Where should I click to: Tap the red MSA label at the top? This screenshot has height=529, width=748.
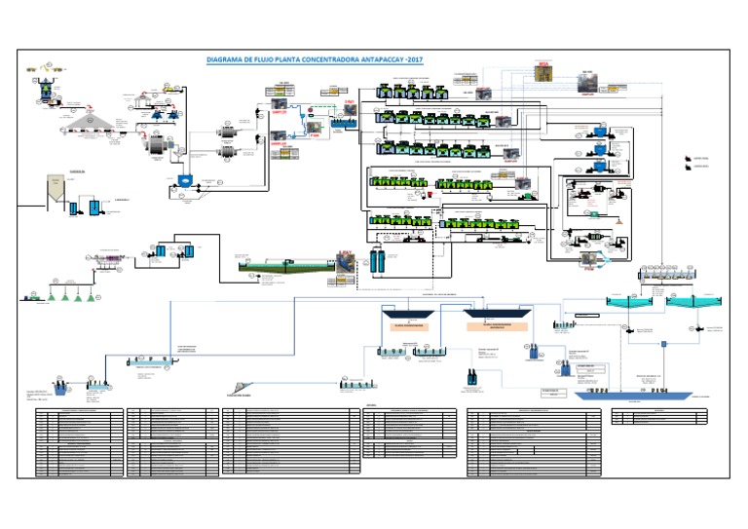tap(544, 66)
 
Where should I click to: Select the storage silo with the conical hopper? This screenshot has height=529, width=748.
tap(56, 190)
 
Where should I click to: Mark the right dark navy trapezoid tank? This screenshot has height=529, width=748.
tap(496, 314)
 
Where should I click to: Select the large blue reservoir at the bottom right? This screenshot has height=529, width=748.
tap(633, 394)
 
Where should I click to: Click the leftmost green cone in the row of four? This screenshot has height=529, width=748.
tap(37, 292)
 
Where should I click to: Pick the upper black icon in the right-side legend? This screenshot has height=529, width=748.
tap(675, 157)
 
